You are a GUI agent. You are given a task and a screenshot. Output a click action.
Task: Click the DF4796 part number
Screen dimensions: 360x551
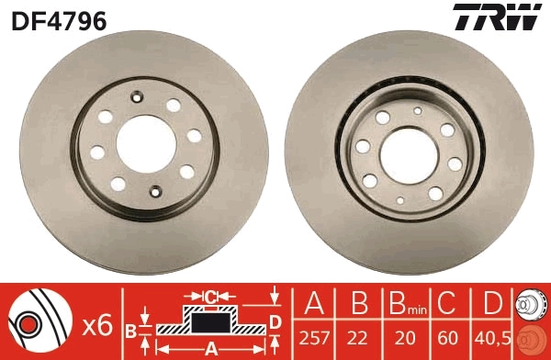[x=58, y=19]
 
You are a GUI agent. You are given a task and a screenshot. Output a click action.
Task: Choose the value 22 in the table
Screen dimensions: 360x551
[x=360, y=338]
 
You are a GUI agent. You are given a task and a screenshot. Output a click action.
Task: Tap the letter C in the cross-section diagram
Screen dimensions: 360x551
[x=209, y=296]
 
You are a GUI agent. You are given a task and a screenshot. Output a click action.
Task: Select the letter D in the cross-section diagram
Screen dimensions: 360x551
[x=275, y=320]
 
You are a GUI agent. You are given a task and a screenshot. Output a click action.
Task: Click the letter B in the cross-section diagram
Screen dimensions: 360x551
[x=131, y=329]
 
